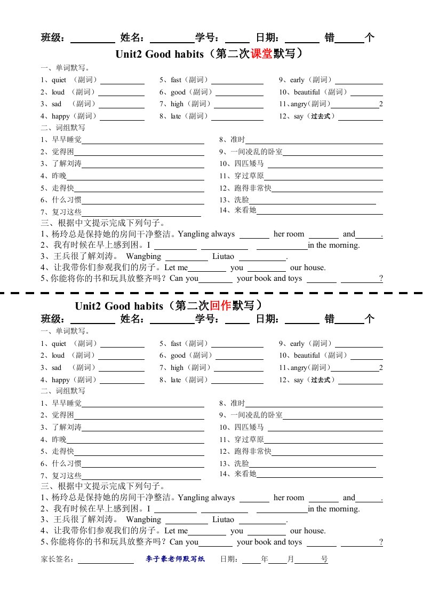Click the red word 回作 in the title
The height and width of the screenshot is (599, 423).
pyautogui.click(x=220, y=305)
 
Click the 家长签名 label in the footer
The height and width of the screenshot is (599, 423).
pyautogui.click(x=58, y=559)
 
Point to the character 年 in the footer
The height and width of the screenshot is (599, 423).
pyautogui.click(x=264, y=559)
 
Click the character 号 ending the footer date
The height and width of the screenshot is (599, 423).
pyautogui.click(x=324, y=559)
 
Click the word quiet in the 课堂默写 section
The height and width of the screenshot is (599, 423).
pyautogui.click(x=59, y=80)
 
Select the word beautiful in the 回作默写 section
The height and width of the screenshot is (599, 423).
pyautogui.click(x=307, y=356)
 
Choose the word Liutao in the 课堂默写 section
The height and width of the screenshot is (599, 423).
pyautogui.click(x=223, y=256)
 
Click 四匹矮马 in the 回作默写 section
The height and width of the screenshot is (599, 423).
pyautogui.click(x=249, y=427)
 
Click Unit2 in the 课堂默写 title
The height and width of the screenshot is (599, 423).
pyautogui.click(x=129, y=54)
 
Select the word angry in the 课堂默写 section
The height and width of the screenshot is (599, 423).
pyautogui.click(x=299, y=104)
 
